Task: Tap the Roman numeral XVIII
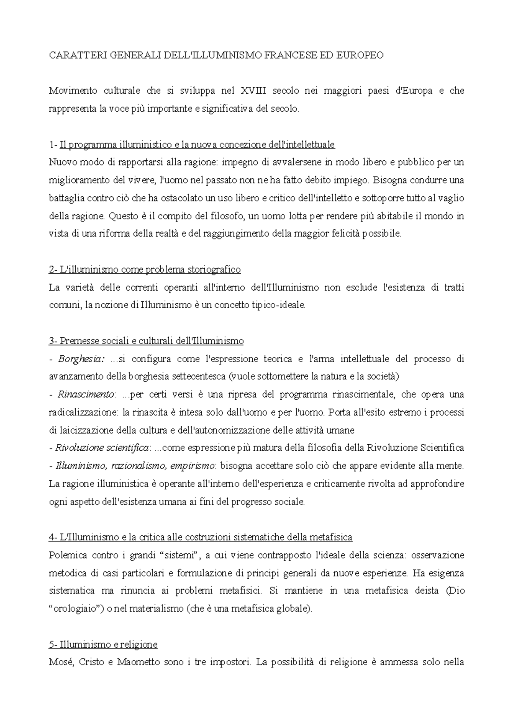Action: click(x=253, y=91)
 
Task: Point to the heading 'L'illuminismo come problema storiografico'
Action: click(x=145, y=269)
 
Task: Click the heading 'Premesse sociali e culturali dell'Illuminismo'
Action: click(x=146, y=341)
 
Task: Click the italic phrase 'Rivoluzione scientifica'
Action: click(x=102, y=448)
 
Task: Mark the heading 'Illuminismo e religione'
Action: click(x=103, y=644)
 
